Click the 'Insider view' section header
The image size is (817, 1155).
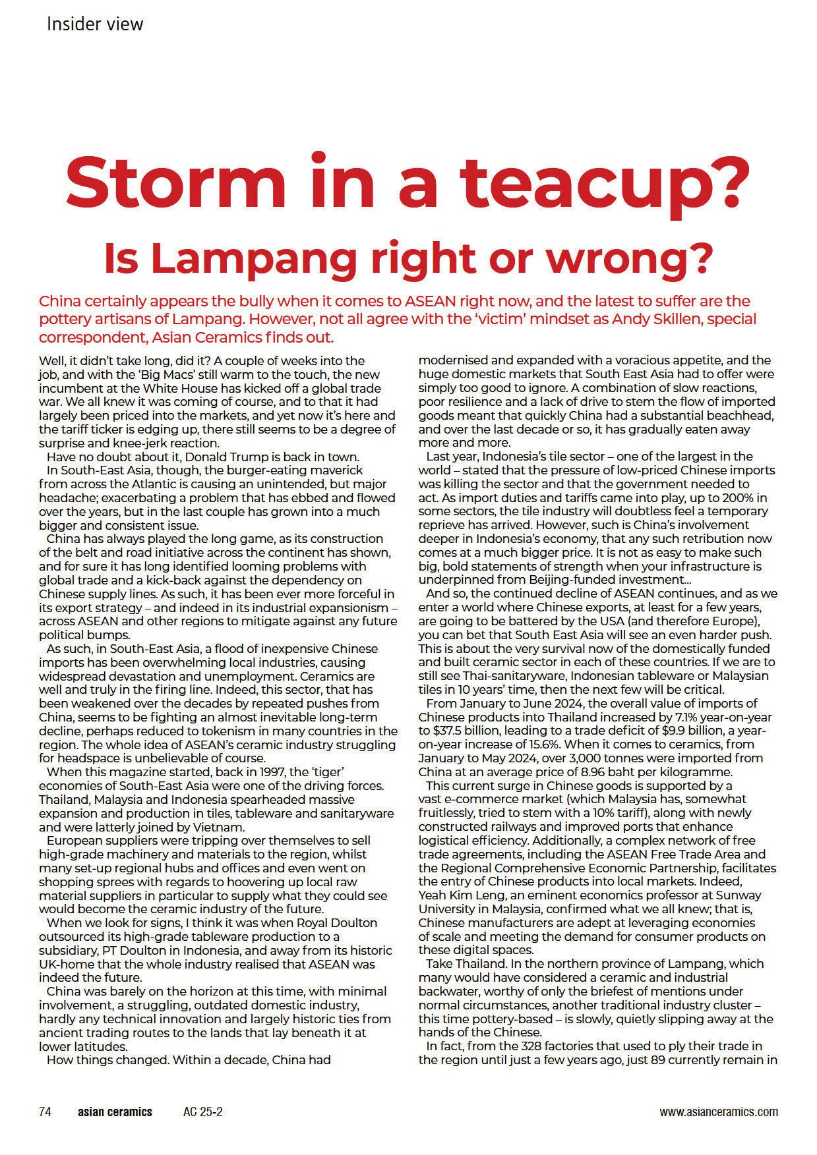[95, 24]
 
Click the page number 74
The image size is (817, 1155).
[45, 1112]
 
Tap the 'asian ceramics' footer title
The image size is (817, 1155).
[115, 1112]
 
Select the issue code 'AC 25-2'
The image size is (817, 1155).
[202, 1112]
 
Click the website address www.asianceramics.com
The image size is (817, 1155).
[718, 1112]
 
